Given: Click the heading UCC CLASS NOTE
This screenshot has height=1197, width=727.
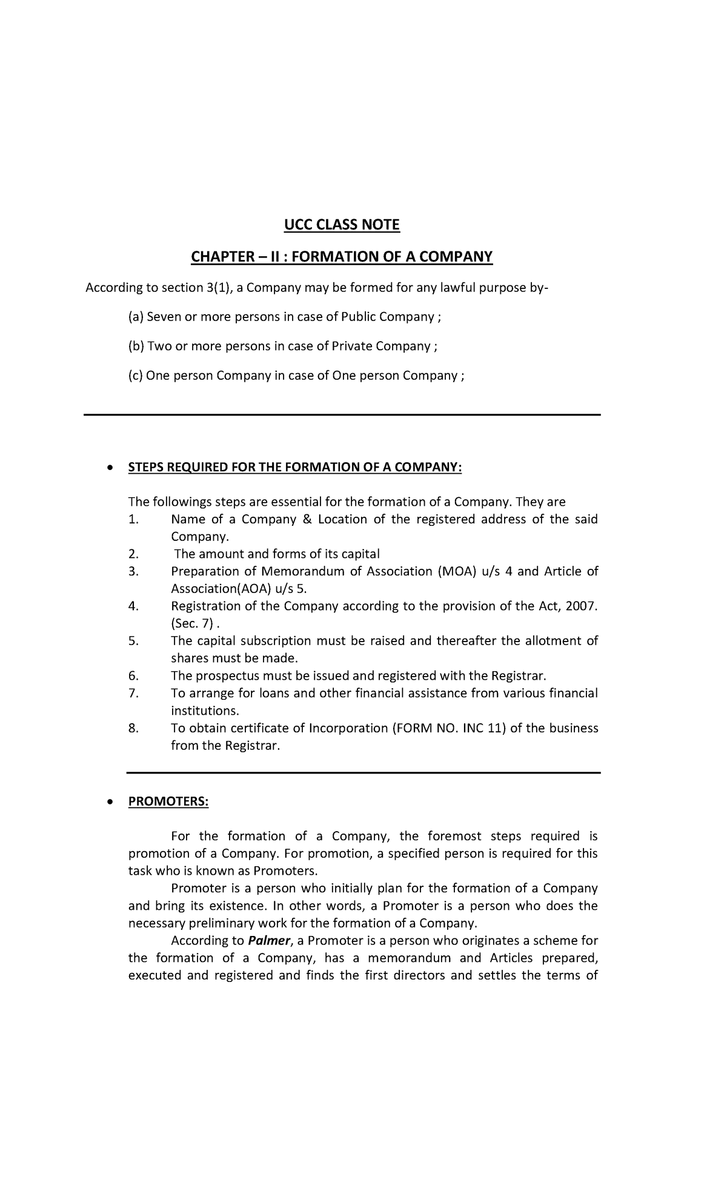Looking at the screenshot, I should click(342, 225).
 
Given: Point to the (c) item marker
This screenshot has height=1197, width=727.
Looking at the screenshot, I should click(135, 376).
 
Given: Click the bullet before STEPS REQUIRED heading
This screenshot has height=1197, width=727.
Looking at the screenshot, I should click(109, 468).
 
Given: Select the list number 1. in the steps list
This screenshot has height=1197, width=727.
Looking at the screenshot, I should click(134, 520).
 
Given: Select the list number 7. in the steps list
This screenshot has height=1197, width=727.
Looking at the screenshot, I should click(134, 694).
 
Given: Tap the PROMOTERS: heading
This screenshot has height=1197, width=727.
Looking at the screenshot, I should click(168, 802).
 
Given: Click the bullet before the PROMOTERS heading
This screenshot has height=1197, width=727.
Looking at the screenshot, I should click(109, 802).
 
